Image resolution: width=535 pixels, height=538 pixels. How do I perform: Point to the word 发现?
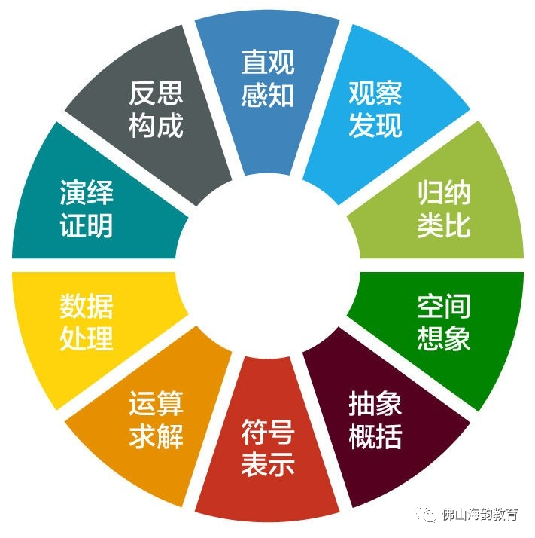pos(375,126)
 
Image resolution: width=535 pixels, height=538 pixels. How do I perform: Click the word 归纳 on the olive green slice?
pos(444,194)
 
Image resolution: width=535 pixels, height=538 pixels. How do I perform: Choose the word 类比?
pos(444,226)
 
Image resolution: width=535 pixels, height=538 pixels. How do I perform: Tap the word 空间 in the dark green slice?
pos(444,307)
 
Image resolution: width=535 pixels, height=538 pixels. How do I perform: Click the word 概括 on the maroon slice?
pos(375,437)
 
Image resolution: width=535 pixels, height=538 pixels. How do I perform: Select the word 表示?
pos(267,466)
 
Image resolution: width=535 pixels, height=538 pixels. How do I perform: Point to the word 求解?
pos(156,437)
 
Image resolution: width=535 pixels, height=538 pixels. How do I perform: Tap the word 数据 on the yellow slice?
pos(87,307)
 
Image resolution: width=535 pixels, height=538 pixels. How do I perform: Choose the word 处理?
pos(87,339)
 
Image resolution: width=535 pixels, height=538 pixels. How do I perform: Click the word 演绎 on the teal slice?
pos(87,194)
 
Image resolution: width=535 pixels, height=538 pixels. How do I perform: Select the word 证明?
pos(87,226)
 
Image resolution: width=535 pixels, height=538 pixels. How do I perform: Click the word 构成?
pos(156,126)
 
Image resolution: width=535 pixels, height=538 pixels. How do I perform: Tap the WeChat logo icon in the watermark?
pos(428,515)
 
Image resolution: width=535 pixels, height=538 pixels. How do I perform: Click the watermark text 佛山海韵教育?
pos(481,515)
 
